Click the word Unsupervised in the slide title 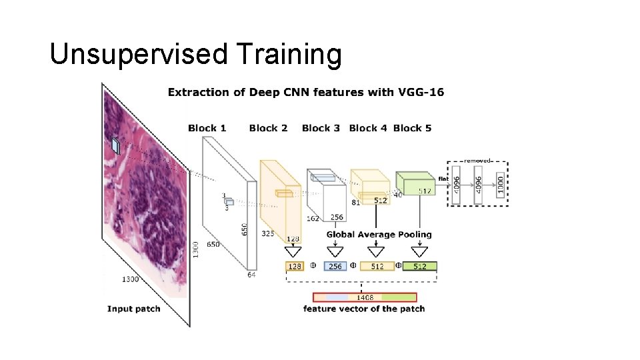click(138, 55)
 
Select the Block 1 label click(207, 128)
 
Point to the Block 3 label click(321, 128)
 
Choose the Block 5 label click(412, 128)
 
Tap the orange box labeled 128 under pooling click(294, 266)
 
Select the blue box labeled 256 click(335, 266)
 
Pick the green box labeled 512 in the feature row click(420, 266)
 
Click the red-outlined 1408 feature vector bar click(365, 297)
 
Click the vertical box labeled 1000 click(500, 184)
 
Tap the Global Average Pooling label click(379, 235)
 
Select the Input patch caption click(133, 309)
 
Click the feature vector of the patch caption click(364, 309)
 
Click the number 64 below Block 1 click(251, 274)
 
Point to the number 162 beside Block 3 click(312, 218)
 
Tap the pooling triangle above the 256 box click(335, 251)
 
